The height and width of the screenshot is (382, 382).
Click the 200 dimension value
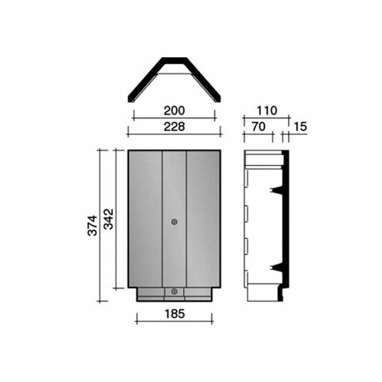[x=174, y=110]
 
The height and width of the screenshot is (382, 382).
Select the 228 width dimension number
[x=174, y=126]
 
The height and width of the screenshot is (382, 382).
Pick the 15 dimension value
[x=300, y=126]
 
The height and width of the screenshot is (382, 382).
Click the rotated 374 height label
[x=93, y=224]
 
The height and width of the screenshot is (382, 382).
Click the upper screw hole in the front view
[x=174, y=222]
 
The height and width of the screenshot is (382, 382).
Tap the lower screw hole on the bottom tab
[x=174, y=292]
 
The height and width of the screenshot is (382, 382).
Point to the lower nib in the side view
[x=276, y=266]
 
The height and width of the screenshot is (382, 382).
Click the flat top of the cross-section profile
[x=174, y=59]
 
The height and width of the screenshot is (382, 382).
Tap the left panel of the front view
[x=145, y=218]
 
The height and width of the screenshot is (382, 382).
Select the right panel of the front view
[x=203, y=218]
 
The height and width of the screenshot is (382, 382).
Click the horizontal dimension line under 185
[x=174, y=321]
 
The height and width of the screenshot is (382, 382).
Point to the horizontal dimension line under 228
[x=174, y=133]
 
